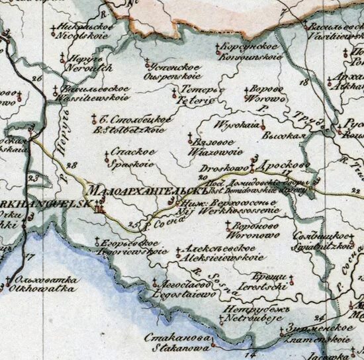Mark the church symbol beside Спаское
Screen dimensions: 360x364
pos(107,156)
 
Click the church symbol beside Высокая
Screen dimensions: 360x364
pos(263,124)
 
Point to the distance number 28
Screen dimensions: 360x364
pos(71,165)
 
